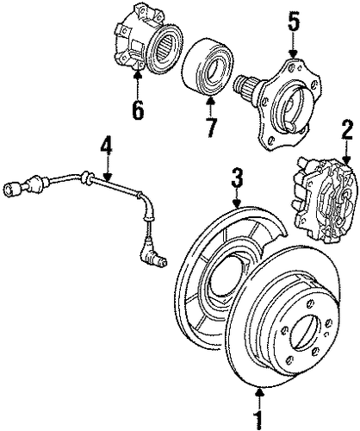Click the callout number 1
coord(259,421)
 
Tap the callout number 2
coord(347,130)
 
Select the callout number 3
coord(237,178)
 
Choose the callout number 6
coord(138,110)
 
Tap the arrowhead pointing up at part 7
coord(211,101)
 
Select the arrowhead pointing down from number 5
coord(293,53)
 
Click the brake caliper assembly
coord(325,200)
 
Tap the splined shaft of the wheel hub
coord(244,85)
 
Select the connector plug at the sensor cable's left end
coord(12,189)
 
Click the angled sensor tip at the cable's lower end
coord(153,253)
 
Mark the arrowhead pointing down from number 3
coord(237,204)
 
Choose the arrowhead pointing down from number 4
coord(107,178)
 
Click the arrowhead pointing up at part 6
coord(138,74)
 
